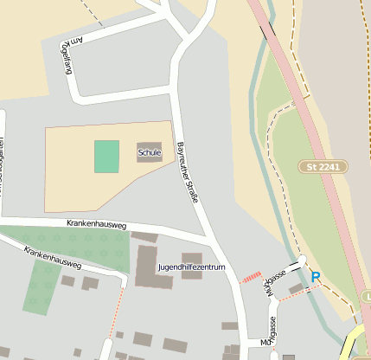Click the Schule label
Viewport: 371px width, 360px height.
(x=150, y=153)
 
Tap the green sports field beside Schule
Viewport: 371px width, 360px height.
(x=106, y=157)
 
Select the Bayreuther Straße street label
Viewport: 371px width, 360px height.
(x=189, y=172)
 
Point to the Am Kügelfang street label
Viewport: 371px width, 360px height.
(x=67, y=56)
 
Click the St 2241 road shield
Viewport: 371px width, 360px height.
(x=324, y=165)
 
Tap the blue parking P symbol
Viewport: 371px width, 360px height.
(x=316, y=277)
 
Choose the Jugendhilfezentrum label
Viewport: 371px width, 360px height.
(x=191, y=267)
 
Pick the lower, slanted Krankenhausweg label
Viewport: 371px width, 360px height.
(x=53, y=257)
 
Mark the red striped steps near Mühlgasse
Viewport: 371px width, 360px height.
(x=251, y=277)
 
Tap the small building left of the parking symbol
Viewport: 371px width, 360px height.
(x=297, y=288)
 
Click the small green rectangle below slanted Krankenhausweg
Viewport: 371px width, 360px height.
(x=41, y=287)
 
